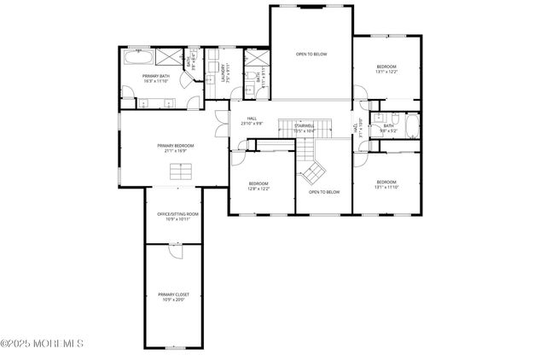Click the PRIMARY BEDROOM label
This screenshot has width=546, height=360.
pyautogui.click(x=176, y=148)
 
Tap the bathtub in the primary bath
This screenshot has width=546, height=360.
pyautogui.click(x=137, y=59)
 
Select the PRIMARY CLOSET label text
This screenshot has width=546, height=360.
pyautogui.click(x=171, y=296)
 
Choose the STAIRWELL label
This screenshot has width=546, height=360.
pyautogui.click(x=305, y=128)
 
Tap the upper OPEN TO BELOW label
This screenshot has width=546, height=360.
pyautogui.click(x=311, y=55)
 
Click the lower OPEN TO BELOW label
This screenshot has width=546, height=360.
pyautogui.click(x=324, y=192)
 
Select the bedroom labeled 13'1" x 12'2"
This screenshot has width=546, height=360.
pyautogui.click(x=386, y=69)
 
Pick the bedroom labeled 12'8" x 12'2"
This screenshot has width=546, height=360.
pyautogui.click(x=258, y=186)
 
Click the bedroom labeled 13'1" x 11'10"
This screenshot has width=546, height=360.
pyautogui.click(x=386, y=183)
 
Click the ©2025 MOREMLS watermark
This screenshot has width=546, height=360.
pyautogui.click(x=42, y=344)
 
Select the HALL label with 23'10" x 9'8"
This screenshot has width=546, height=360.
pyautogui.click(x=252, y=121)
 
